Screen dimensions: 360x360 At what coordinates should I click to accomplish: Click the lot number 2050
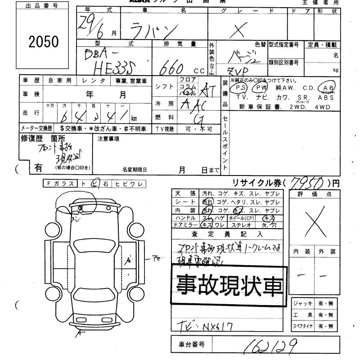click(x=44, y=42)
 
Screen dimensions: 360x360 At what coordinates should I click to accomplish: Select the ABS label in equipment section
click(x=326, y=97)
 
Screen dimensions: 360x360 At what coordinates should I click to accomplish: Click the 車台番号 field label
click(x=189, y=345)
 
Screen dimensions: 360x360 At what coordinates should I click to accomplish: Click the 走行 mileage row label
click(x=30, y=112)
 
